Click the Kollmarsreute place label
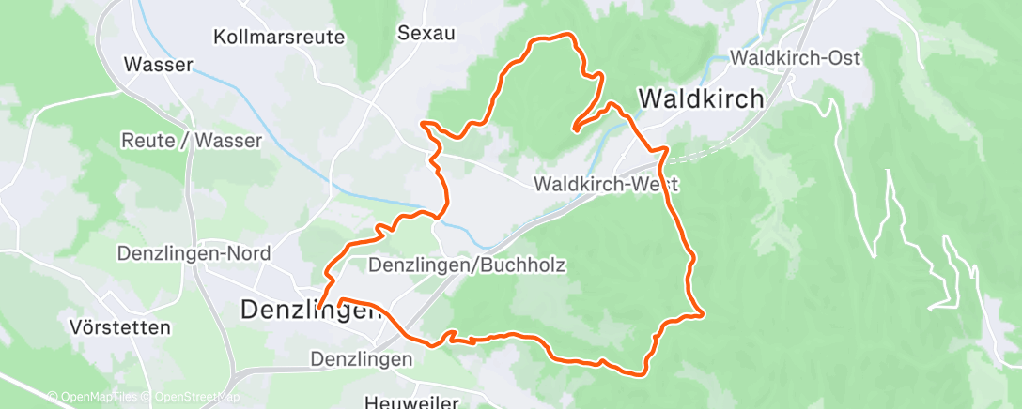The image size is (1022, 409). [x=280, y=38]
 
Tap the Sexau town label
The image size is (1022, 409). [x=426, y=34]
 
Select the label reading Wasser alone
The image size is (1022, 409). [x=159, y=66]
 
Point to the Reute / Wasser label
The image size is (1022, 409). [x=192, y=140]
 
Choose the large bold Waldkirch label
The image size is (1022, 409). [x=701, y=98]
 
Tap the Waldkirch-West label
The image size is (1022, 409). [x=605, y=185]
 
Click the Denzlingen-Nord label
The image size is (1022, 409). [x=194, y=253]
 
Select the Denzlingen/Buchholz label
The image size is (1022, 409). [x=467, y=265]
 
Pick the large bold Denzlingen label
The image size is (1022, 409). [x=311, y=309]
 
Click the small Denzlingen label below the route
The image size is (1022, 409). [x=362, y=359]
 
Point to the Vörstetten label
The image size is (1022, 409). [x=120, y=328]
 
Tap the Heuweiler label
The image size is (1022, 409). [x=411, y=402]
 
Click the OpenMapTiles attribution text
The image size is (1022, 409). [x=95, y=397]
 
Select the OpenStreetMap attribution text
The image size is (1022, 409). [x=192, y=397]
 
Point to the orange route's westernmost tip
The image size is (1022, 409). [x=319, y=307]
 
